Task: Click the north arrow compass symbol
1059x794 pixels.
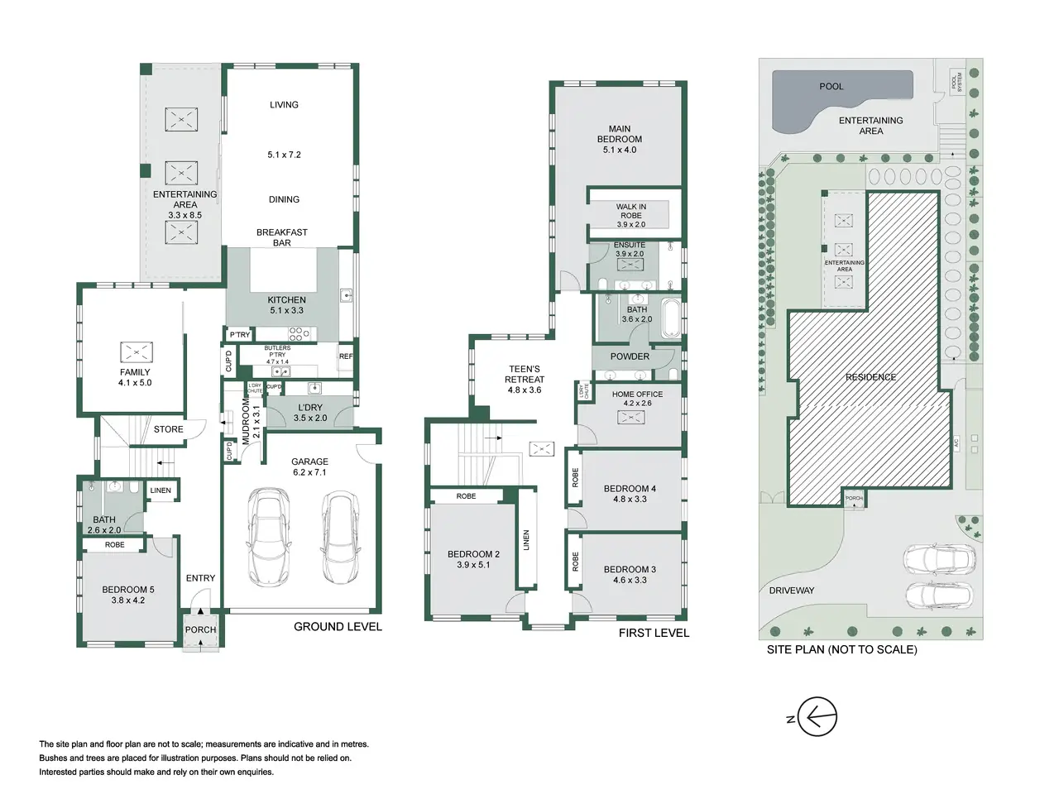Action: [x=817, y=716]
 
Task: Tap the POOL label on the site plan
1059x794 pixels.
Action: [x=831, y=86]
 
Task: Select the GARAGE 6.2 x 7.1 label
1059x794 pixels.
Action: [x=309, y=466]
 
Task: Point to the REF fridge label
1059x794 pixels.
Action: [x=346, y=356]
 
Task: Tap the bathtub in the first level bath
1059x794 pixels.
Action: [x=671, y=318]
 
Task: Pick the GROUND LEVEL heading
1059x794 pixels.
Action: [x=338, y=627]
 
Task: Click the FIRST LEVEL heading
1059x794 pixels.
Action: [x=654, y=633]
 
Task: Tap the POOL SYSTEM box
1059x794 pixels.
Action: [x=956, y=83]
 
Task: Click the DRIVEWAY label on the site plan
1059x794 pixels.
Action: [x=791, y=590]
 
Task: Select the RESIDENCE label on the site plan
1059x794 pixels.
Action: [x=870, y=377]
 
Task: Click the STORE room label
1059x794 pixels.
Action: [x=169, y=429]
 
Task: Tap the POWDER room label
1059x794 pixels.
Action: [x=630, y=356]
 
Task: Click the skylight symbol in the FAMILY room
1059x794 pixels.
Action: [x=137, y=352]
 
